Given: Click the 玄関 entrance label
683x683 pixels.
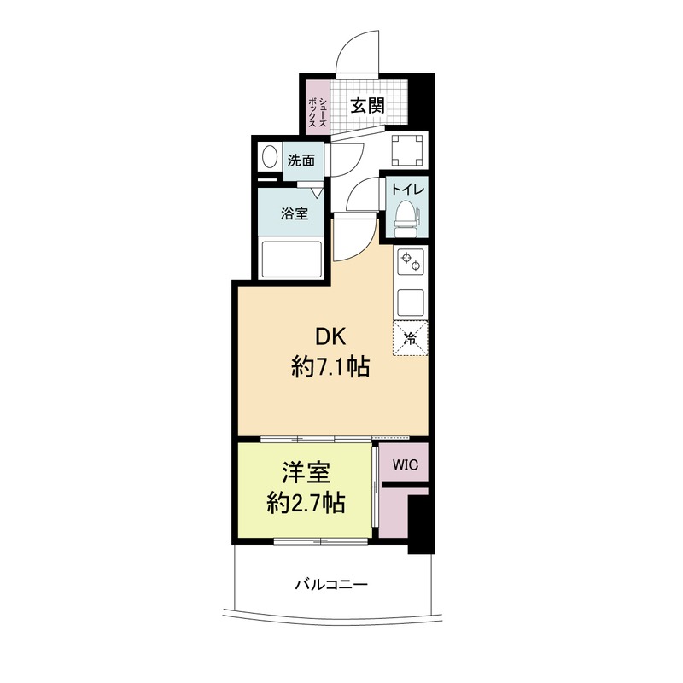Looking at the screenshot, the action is click(x=368, y=106).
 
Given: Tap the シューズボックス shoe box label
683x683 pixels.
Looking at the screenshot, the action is click(x=317, y=112).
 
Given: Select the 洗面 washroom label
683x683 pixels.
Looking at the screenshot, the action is click(x=301, y=161).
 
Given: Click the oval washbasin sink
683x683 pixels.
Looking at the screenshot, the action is click(x=270, y=157).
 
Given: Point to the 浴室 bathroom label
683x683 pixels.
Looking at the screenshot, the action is click(x=294, y=214).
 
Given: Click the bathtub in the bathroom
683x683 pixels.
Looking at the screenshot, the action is click(x=290, y=260).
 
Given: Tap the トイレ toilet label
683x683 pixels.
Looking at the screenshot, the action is click(x=407, y=190).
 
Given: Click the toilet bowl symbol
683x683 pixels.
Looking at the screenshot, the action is click(x=407, y=219).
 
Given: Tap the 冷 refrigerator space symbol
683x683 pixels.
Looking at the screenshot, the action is click(x=411, y=339).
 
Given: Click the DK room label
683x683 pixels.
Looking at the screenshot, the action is click(x=330, y=336).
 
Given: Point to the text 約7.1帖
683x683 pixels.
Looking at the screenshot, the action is click(x=330, y=366).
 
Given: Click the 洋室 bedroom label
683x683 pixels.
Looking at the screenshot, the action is click(x=306, y=473).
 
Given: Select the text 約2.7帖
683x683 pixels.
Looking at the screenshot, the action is click(x=306, y=503).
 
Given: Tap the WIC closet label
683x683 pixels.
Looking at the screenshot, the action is click(x=405, y=464).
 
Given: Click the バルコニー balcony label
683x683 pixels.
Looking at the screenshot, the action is click(x=332, y=584).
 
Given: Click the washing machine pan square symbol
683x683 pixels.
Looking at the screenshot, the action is click(x=407, y=150).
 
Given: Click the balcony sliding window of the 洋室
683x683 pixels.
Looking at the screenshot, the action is click(x=321, y=541).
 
